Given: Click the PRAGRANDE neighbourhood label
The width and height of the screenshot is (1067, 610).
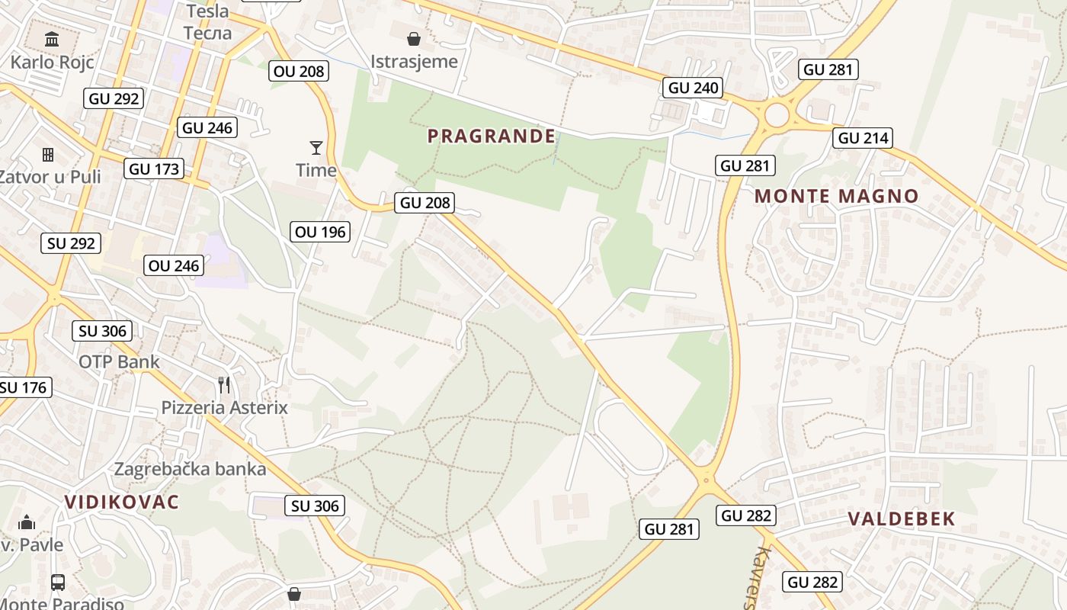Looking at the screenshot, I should tap(492, 136).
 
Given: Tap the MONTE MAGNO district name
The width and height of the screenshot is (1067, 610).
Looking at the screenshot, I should tap(837, 196).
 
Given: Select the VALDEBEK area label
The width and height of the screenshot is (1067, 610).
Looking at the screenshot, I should tap(902, 519).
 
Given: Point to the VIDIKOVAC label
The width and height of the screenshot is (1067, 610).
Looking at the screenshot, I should tap(122, 502).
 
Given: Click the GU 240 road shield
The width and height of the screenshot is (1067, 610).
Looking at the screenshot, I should tap(694, 88).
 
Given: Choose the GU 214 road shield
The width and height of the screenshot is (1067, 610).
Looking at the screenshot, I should tap(862, 138).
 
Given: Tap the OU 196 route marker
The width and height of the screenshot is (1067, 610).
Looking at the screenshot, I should tap(320, 232).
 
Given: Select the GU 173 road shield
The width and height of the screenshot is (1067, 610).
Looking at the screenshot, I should tap(155, 169).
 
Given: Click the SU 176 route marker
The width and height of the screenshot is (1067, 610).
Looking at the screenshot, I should tap(24, 387).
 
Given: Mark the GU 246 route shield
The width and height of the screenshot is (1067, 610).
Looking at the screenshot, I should tap(207, 127).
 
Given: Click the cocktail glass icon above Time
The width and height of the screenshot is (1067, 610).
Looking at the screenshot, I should tap(316, 147).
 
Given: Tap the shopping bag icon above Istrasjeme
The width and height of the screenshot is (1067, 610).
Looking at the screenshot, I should tap(414, 39).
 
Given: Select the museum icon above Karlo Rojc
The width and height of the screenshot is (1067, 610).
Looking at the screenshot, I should tap(52, 39).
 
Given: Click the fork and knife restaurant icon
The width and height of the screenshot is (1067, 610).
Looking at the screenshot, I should tap(224, 385).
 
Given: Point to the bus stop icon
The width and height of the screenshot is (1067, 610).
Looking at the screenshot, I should tap(58, 583).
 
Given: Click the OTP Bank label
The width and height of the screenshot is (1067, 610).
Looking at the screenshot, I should tap(120, 361).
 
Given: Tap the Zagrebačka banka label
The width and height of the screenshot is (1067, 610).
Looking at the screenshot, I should tap(191, 469).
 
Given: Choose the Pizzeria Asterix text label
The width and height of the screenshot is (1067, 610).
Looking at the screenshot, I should tap(225, 408).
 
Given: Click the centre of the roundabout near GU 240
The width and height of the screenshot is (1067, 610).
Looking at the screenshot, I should tap(777, 116).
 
